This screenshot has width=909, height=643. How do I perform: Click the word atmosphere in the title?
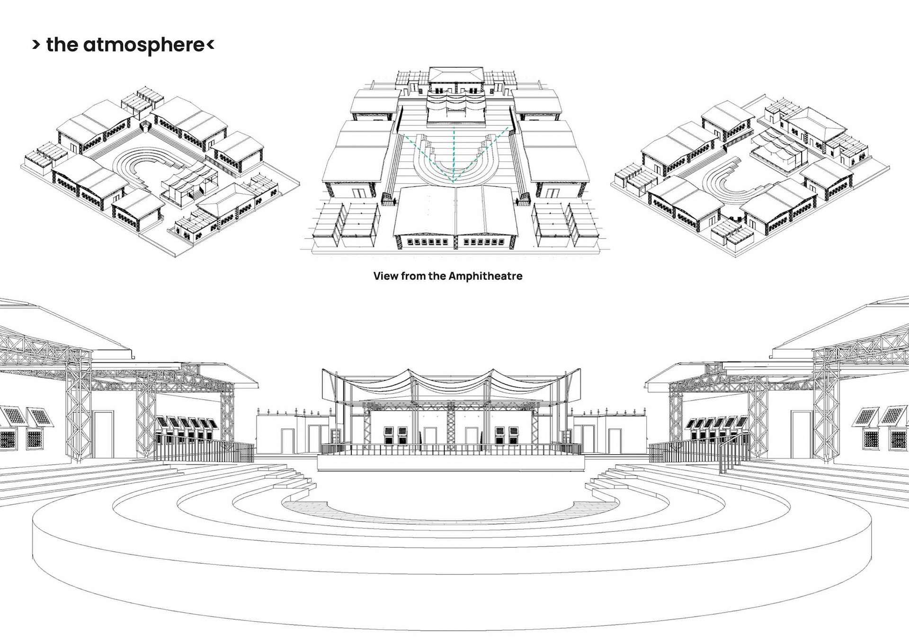[144, 45]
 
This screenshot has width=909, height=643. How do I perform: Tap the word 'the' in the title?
[62, 45]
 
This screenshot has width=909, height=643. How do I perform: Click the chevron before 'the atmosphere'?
[36, 45]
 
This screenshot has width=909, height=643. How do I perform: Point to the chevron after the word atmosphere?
[211, 45]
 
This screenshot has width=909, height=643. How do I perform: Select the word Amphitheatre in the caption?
[485, 276]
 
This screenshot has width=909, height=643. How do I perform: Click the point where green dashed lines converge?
[454, 181]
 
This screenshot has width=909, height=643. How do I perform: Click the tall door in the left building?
[104, 434]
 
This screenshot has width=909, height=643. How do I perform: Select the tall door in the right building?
[801, 434]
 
